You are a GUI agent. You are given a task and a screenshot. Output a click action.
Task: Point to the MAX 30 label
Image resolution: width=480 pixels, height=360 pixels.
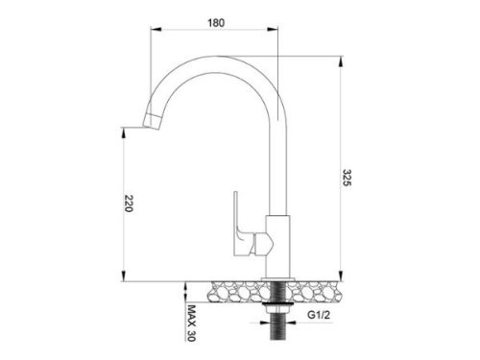pyautogui.click(x=191, y=324)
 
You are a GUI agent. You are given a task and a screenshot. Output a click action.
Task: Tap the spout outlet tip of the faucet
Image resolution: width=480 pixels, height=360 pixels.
pyautogui.click(x=152, y=120)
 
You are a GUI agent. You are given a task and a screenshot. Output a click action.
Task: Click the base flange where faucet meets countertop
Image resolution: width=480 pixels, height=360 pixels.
pyautogui.click(x=276, y=279)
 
